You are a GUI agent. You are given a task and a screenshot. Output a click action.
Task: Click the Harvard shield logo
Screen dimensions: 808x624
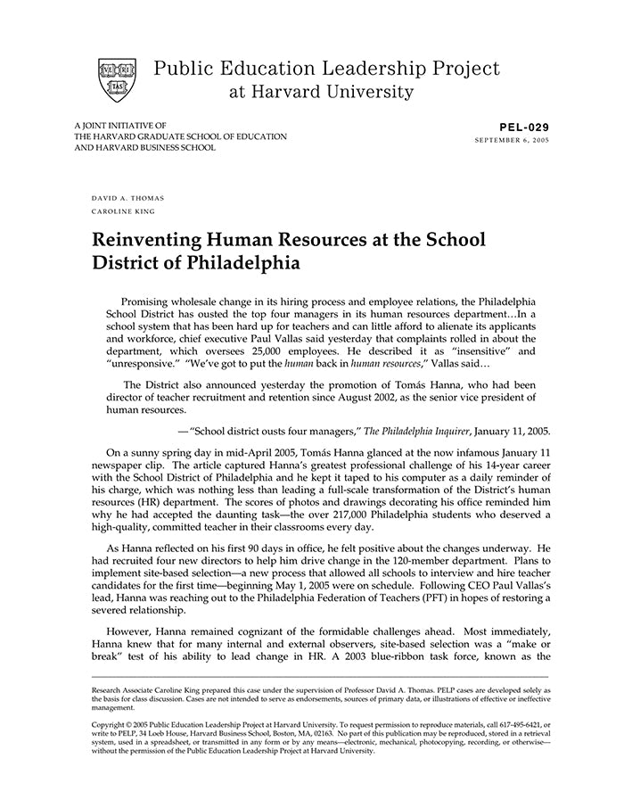coord(117,78)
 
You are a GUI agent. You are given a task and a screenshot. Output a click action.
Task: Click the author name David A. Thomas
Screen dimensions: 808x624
coord(127,197)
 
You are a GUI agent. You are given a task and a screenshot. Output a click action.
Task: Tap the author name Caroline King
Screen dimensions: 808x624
coord(123,211)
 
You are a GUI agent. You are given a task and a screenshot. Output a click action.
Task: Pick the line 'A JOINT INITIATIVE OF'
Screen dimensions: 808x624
coord(120,126)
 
